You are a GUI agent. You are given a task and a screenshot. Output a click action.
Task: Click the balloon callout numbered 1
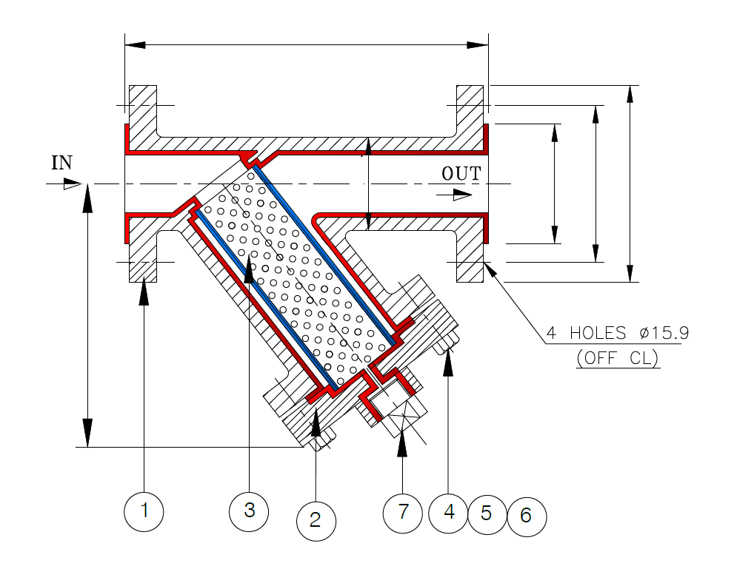(x=144, y=511)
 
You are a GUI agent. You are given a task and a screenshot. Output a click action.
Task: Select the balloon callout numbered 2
(x=316, y=520)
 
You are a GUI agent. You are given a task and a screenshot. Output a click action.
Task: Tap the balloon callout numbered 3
(x=250, y=511)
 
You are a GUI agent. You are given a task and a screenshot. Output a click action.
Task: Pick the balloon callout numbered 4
(x=448, y=512)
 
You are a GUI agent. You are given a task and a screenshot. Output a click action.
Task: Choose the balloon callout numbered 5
(x=487, y=513)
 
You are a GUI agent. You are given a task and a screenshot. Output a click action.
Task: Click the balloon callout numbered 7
(x=403, y=512)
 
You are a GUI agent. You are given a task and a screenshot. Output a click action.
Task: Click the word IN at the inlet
(x=61, y=163)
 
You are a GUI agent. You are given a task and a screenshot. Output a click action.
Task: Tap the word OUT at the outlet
(x=461, y=174)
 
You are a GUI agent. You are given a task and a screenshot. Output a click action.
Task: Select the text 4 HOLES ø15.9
(x=617, y=333)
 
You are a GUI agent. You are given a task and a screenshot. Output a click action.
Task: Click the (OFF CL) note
(x=617, y=358)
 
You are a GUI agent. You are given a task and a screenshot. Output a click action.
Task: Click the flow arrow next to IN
(x=71, y=185)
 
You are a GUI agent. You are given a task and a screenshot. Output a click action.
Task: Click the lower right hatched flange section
(x=470, y=259)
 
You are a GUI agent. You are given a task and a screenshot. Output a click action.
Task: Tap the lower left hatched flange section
(x=143, y=259)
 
